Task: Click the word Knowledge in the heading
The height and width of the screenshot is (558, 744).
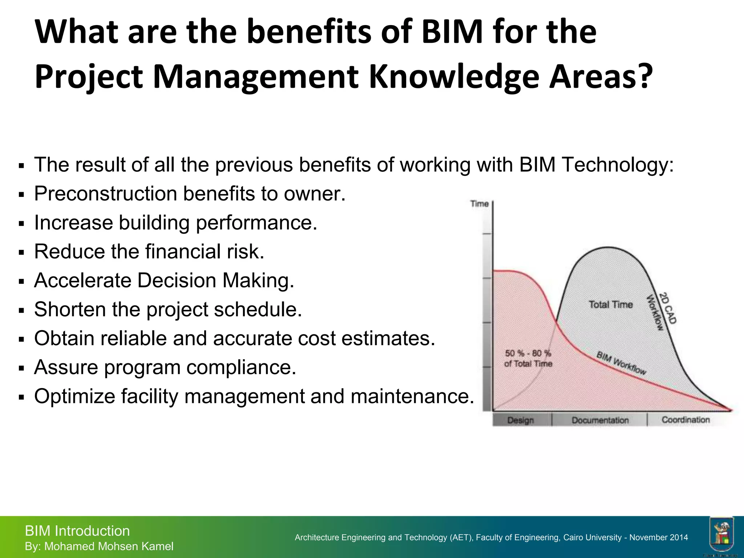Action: pyautogui.click(x=454, y=77)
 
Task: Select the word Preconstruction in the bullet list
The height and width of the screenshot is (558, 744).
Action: pyautogui.click(x=105, y=194)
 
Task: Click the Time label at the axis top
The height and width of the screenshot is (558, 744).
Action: pyautogui.click(x=479, y=204)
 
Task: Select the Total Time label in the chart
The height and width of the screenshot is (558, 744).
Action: pyautogui.click(x=610, y=304)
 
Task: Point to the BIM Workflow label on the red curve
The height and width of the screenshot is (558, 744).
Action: pyautogui.click(x=621, y=363)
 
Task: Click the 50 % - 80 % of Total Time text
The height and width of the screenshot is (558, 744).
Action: pyautogui.click(x=528, y=358)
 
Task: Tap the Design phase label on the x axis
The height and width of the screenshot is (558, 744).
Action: pyautogui.click(x=521, y=420)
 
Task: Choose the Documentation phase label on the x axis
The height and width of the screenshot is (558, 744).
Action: pyautogui.click(x=600, y=420)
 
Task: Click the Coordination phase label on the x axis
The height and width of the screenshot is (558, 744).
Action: pyautogui.click(x=686, y=420)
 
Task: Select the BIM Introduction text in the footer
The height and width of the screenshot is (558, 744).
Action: pyautogui.click(x=77, y=531)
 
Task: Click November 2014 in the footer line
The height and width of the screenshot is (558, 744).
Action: pyautogui.click(x=658, y=537)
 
